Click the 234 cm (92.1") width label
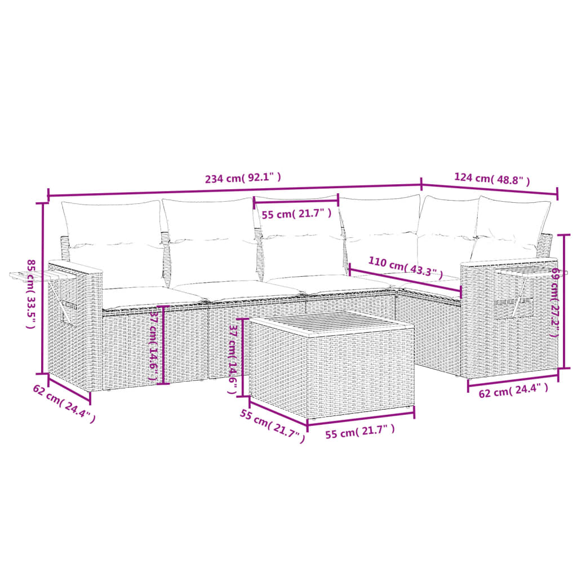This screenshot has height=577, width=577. (x=242, y=179)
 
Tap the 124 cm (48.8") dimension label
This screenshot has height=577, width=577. (x=491, y=179)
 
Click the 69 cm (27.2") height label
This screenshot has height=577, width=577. (x=554, y=302)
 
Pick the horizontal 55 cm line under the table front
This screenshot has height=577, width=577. (x=361, y=417)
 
